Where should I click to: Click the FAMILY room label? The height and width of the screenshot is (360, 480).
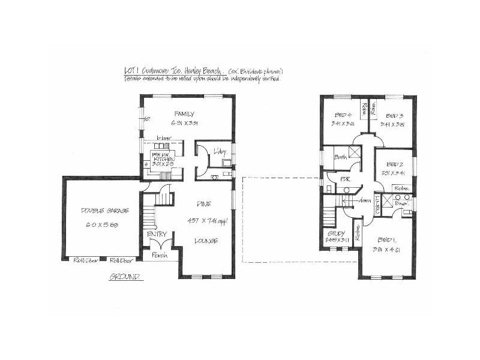(184, 113)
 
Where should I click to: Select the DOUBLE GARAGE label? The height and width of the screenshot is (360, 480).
(101, 211)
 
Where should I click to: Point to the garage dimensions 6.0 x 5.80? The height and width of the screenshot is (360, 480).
(101, 224)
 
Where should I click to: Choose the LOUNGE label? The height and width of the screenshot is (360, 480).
(206, 241)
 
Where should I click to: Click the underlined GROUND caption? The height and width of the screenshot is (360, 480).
(125, 277)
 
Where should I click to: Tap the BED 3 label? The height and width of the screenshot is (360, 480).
(394, 115)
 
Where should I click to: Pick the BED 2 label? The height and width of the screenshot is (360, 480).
(394, 164)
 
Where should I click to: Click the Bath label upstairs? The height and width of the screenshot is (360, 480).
(341, 157)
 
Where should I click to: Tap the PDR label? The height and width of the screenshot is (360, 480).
(345, 179)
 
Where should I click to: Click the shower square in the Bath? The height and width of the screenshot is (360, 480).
(355, 152)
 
